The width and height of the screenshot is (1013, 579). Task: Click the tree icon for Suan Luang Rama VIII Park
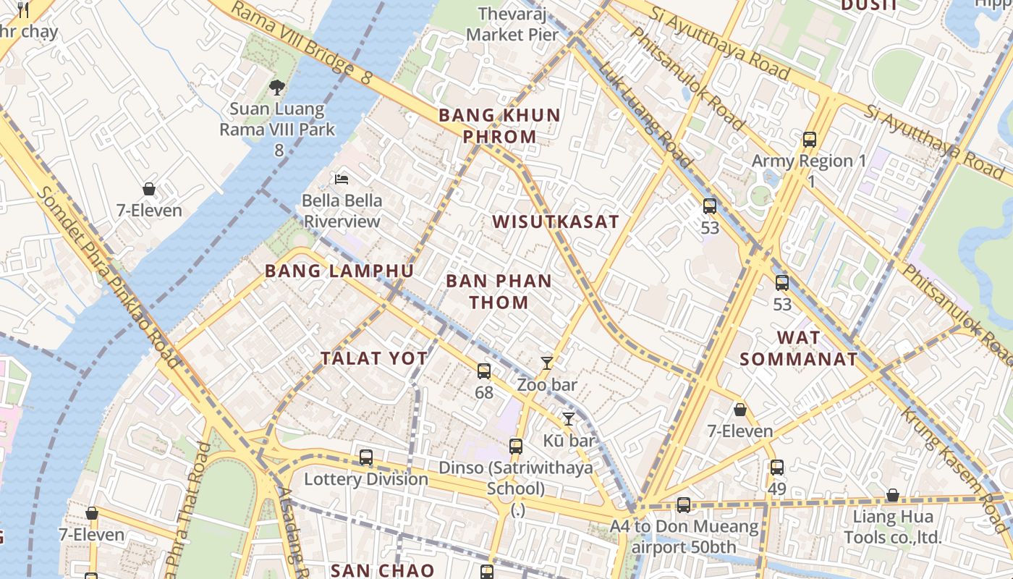pyautogui.click(x=276, y=88)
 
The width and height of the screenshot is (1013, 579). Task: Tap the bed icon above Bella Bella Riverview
pyautogui.click(x=342, y=179)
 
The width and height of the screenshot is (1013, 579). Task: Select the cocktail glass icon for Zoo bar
pyautogui.click(x=547, y=363)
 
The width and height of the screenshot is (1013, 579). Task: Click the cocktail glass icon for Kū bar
pyautogui.click(x=569, y=419)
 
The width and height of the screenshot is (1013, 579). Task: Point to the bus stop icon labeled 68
pyautogui.click(x=484, y=371)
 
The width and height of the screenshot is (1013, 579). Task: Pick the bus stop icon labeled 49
pyautogui.click(x=777, y=468)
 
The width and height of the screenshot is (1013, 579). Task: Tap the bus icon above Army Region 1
pyautogui.click(x=810, y=140)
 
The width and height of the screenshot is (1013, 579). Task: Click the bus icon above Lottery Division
pyautogui.click(x=366, y=457)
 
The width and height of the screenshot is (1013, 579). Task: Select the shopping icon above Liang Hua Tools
pyautogui.click(x=893, y=496)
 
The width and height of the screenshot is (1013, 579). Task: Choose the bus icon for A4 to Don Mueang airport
pyautogui.click(x=684, y=505)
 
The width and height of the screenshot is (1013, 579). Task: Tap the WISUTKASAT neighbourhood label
pyautogui.click(x=556, y=222)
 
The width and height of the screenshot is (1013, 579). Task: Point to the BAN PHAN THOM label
pyautogui.click(x=499, y=292)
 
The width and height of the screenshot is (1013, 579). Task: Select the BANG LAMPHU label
pyautogui.click(x=339, y=271)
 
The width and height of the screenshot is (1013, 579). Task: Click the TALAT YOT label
pyautogui.click(x=374, y=358)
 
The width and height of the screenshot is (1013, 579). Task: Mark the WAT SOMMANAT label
pyautogui.click(x=799, y=348)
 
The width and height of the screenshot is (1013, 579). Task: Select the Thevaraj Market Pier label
pyautogui.click(x=513, y=24)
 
